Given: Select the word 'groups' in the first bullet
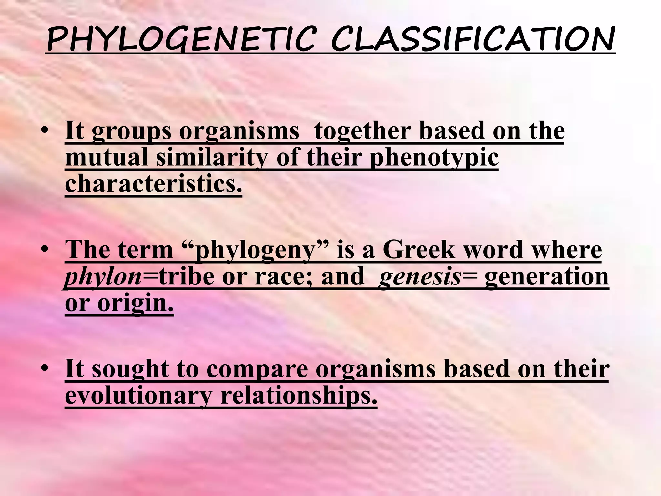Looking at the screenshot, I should click(131, 132).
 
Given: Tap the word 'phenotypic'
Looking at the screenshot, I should click(434, 158).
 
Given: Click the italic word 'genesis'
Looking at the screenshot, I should click(420, 277).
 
